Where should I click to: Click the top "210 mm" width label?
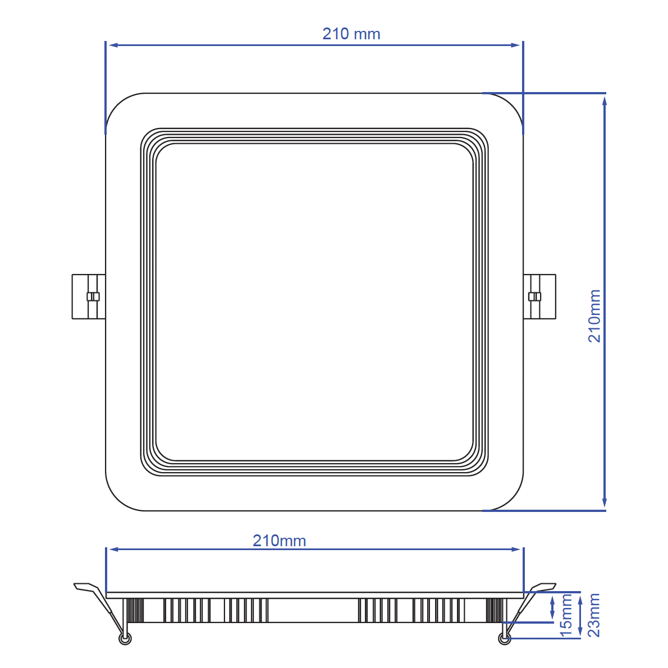tap(351, 34)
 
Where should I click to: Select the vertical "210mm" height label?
tap(594, 315)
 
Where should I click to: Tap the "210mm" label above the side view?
tap(279, 541)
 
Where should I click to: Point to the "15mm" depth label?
tap(566, 615)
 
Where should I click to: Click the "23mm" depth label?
tap(594, 615)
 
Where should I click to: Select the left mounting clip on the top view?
tap(89, 296)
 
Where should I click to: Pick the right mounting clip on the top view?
tap(539, 296)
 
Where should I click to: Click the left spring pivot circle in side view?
tap(125, 639)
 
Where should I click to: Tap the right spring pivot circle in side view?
tap(504, 638)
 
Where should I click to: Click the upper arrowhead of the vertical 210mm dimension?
tap(605, 100)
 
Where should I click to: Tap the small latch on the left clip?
tap(93, 296)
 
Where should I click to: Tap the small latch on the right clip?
tap(535, 296)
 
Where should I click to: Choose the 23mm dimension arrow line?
tap(580, 615)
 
